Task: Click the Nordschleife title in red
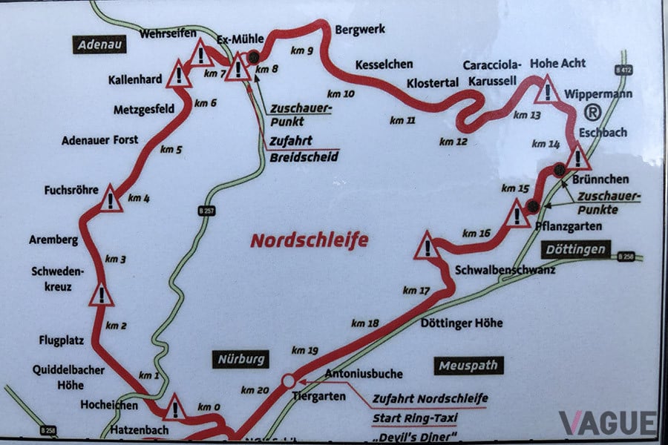[x=309, y=240]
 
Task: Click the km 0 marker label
[x=209, y=407]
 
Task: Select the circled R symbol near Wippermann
[x=592, y=113]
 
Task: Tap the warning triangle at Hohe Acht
[x=548, y=90]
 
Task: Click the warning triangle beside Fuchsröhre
[x=111, y=199]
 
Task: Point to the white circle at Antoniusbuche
[x=288, y=380]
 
